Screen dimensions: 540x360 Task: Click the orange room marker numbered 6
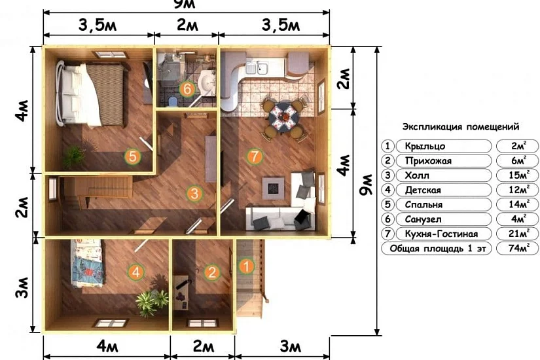187,89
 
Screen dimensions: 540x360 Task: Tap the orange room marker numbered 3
194,193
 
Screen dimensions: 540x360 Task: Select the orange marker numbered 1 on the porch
246,266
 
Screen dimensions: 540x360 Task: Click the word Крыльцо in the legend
425,146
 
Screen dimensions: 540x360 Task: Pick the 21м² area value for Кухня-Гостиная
518,234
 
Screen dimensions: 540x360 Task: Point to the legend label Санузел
423,219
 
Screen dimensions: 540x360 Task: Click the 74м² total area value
518,248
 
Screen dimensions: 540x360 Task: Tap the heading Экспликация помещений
461,127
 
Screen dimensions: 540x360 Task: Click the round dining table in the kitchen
283,117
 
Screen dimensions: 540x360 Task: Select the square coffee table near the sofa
274,188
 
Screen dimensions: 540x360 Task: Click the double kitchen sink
257,67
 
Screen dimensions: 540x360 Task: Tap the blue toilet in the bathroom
173,101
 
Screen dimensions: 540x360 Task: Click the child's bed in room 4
87,263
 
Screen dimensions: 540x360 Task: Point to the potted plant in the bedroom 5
74,156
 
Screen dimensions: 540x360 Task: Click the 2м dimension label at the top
187,25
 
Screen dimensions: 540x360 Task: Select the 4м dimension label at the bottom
107,346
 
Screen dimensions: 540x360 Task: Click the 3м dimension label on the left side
22,287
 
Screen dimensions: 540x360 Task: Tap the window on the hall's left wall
53,189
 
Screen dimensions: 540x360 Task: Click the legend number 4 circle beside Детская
387,190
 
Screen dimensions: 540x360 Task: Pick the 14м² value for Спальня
518,204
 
